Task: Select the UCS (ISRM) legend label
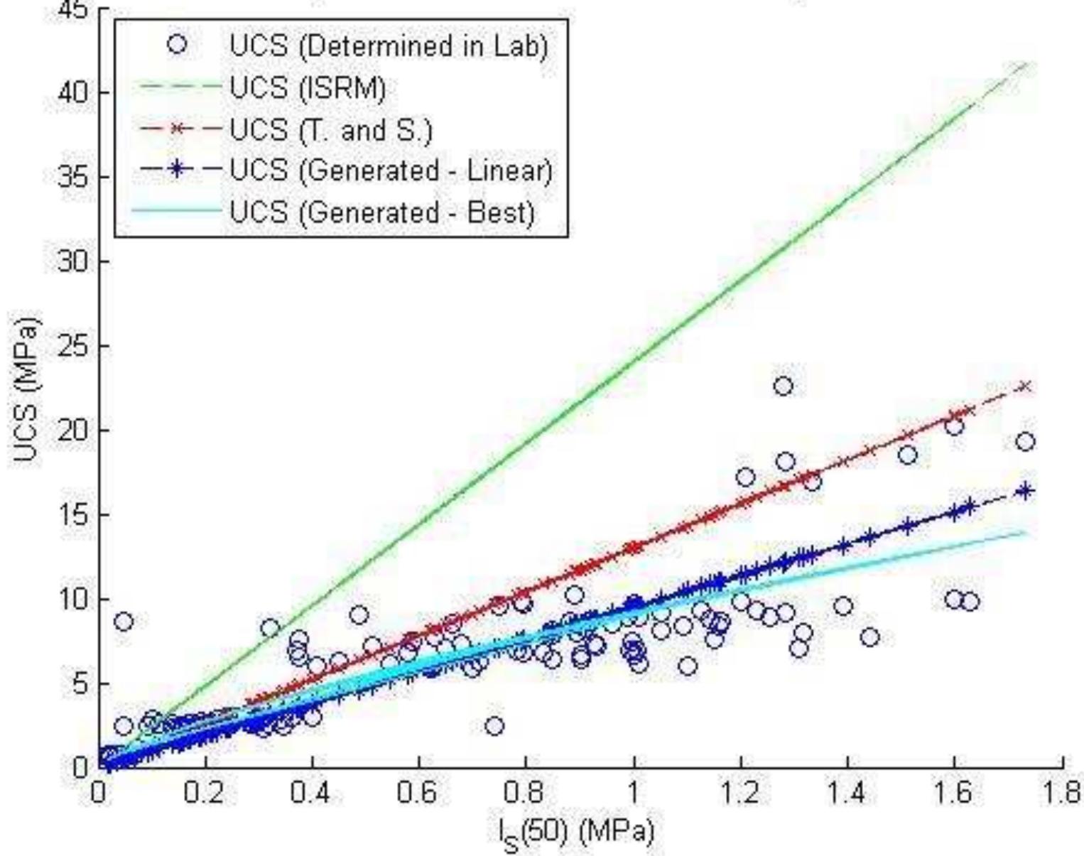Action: pyautogui.click(x=308, y=88)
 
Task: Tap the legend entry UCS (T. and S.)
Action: pyautogui.click(x=330, y=130)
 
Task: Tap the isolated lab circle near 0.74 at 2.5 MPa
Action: pyautogui.click(x=494, y=726)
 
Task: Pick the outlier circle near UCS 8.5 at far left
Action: pyautogui.click(x=123, y=622)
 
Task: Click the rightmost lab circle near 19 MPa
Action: pyautogui.click(x=1025, y=442)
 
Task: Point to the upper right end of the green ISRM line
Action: pyautogui.click(x=1025, y=65)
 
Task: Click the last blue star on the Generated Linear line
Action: pyautogui.click(x=1025, y=491)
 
